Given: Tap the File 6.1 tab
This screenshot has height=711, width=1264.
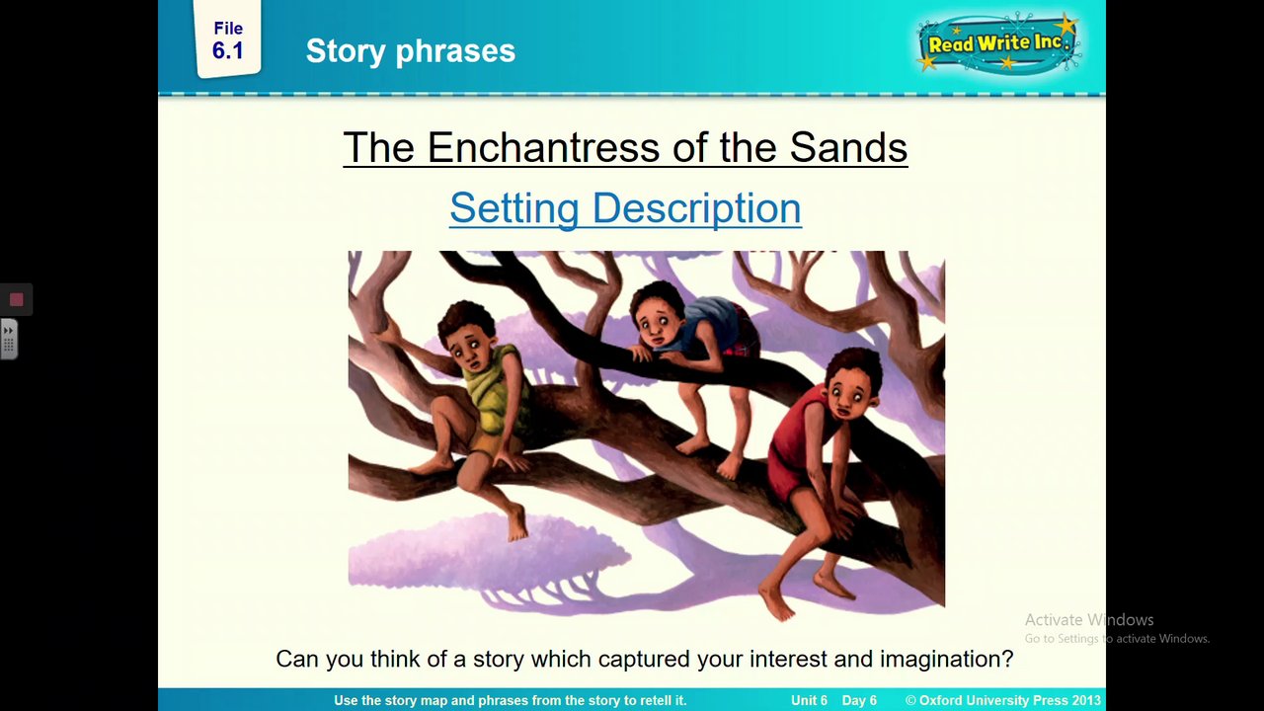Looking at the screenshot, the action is coord(228,39).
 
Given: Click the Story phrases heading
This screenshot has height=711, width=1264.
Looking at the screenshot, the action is coord(410,50).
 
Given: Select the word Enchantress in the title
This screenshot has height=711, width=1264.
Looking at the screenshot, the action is coord(543,147).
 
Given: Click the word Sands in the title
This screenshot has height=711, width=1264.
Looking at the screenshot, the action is coord(848,147).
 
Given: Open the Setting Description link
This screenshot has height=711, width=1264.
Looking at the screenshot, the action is coord(625,208).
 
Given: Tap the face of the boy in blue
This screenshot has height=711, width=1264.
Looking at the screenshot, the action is coord(655,323).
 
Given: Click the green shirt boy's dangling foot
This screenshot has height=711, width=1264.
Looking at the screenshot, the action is coord(517,523).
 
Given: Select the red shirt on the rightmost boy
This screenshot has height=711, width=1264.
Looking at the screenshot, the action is coord(797,435).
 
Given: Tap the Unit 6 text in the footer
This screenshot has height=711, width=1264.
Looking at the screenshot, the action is coord(809,700).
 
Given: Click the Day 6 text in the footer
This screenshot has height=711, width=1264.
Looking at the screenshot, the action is coord(859,700).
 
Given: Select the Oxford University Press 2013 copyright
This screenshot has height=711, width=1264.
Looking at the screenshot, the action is coord(1002,700).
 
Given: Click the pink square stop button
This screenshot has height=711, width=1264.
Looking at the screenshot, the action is coord(17,299).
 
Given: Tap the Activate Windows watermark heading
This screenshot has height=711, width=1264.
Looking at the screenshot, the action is coord(1089,619).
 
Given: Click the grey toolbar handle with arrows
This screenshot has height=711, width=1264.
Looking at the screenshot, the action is coord(9,339).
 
